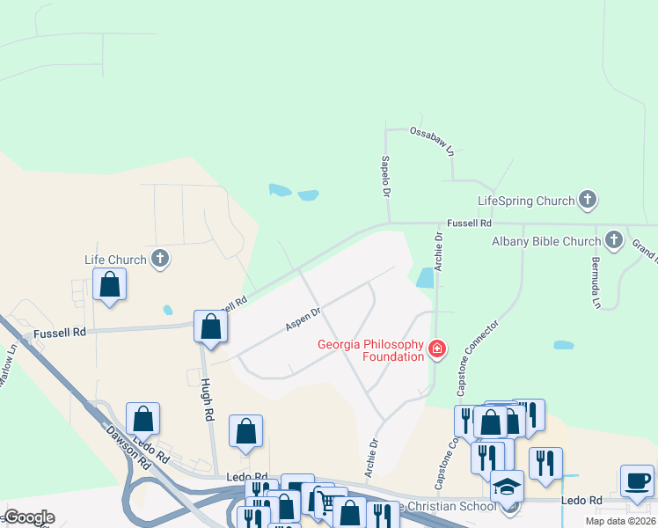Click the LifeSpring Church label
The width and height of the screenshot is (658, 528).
pyautogui.click(x=525, y=201)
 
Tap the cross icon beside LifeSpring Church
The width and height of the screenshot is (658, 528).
pyautogui.click(x=589, y=201)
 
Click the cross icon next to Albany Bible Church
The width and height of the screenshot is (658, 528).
pyautogui.click(x=614, y=240)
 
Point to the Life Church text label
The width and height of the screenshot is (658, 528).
pyautogui.click(x=114, y=260)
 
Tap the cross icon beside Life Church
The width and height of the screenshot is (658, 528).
pyautogui.click(x=159, y=259)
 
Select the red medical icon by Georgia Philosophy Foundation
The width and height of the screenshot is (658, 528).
pyautogui.click(x=436, y=350)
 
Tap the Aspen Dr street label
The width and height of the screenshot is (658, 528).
pyautogui.click(x=303, y=319)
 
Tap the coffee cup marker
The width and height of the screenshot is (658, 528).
pyautogui.click(x=637, y=481)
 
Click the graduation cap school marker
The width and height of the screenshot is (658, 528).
pyautogui.click(x=507, y=486)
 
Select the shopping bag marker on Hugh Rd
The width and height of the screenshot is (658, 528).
pyautogui.click(x=211, y=326)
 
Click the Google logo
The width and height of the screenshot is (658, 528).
pyautogui.click(x=29, y=517)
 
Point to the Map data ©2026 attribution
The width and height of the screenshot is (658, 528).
pyautogui.click(x=620, y=521)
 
